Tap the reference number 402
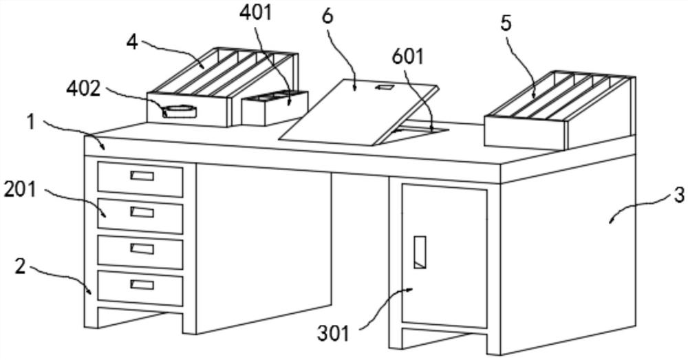(x=84, y=89)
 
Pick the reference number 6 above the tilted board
(x=327, y=16)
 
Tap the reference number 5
(x=506, y=24)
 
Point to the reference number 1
(x=30, y=123)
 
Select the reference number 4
(x=131, y=40)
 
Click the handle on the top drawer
(x=142, y=176)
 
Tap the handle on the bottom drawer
(x=142, y=284)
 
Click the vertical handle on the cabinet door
(x=419, y=252)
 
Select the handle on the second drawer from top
(x=142, y=211)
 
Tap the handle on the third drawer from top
(x=142, y=248)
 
